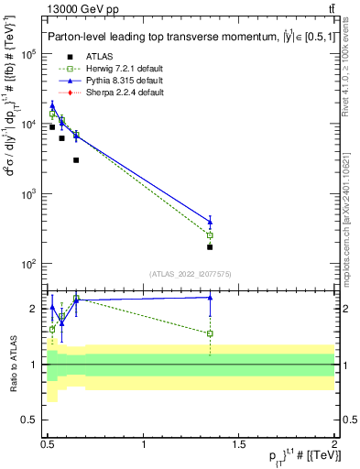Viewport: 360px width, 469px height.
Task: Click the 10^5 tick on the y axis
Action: tap(26, 55)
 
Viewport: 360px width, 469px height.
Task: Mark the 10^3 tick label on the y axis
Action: tap(26, 194)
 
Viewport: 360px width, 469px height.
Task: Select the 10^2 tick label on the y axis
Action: tap(26, 264)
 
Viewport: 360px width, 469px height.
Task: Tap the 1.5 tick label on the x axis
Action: tap(239, 443)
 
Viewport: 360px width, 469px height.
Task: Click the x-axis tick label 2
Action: tap(334, 443)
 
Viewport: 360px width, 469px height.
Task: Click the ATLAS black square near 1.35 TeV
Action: tap(210, 247)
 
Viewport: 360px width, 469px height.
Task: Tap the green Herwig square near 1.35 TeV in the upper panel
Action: tap(210, 235)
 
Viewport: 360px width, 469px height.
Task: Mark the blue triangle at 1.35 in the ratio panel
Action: tap(210, 297)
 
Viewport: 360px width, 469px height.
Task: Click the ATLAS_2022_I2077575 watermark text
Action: tap(190, 273)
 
